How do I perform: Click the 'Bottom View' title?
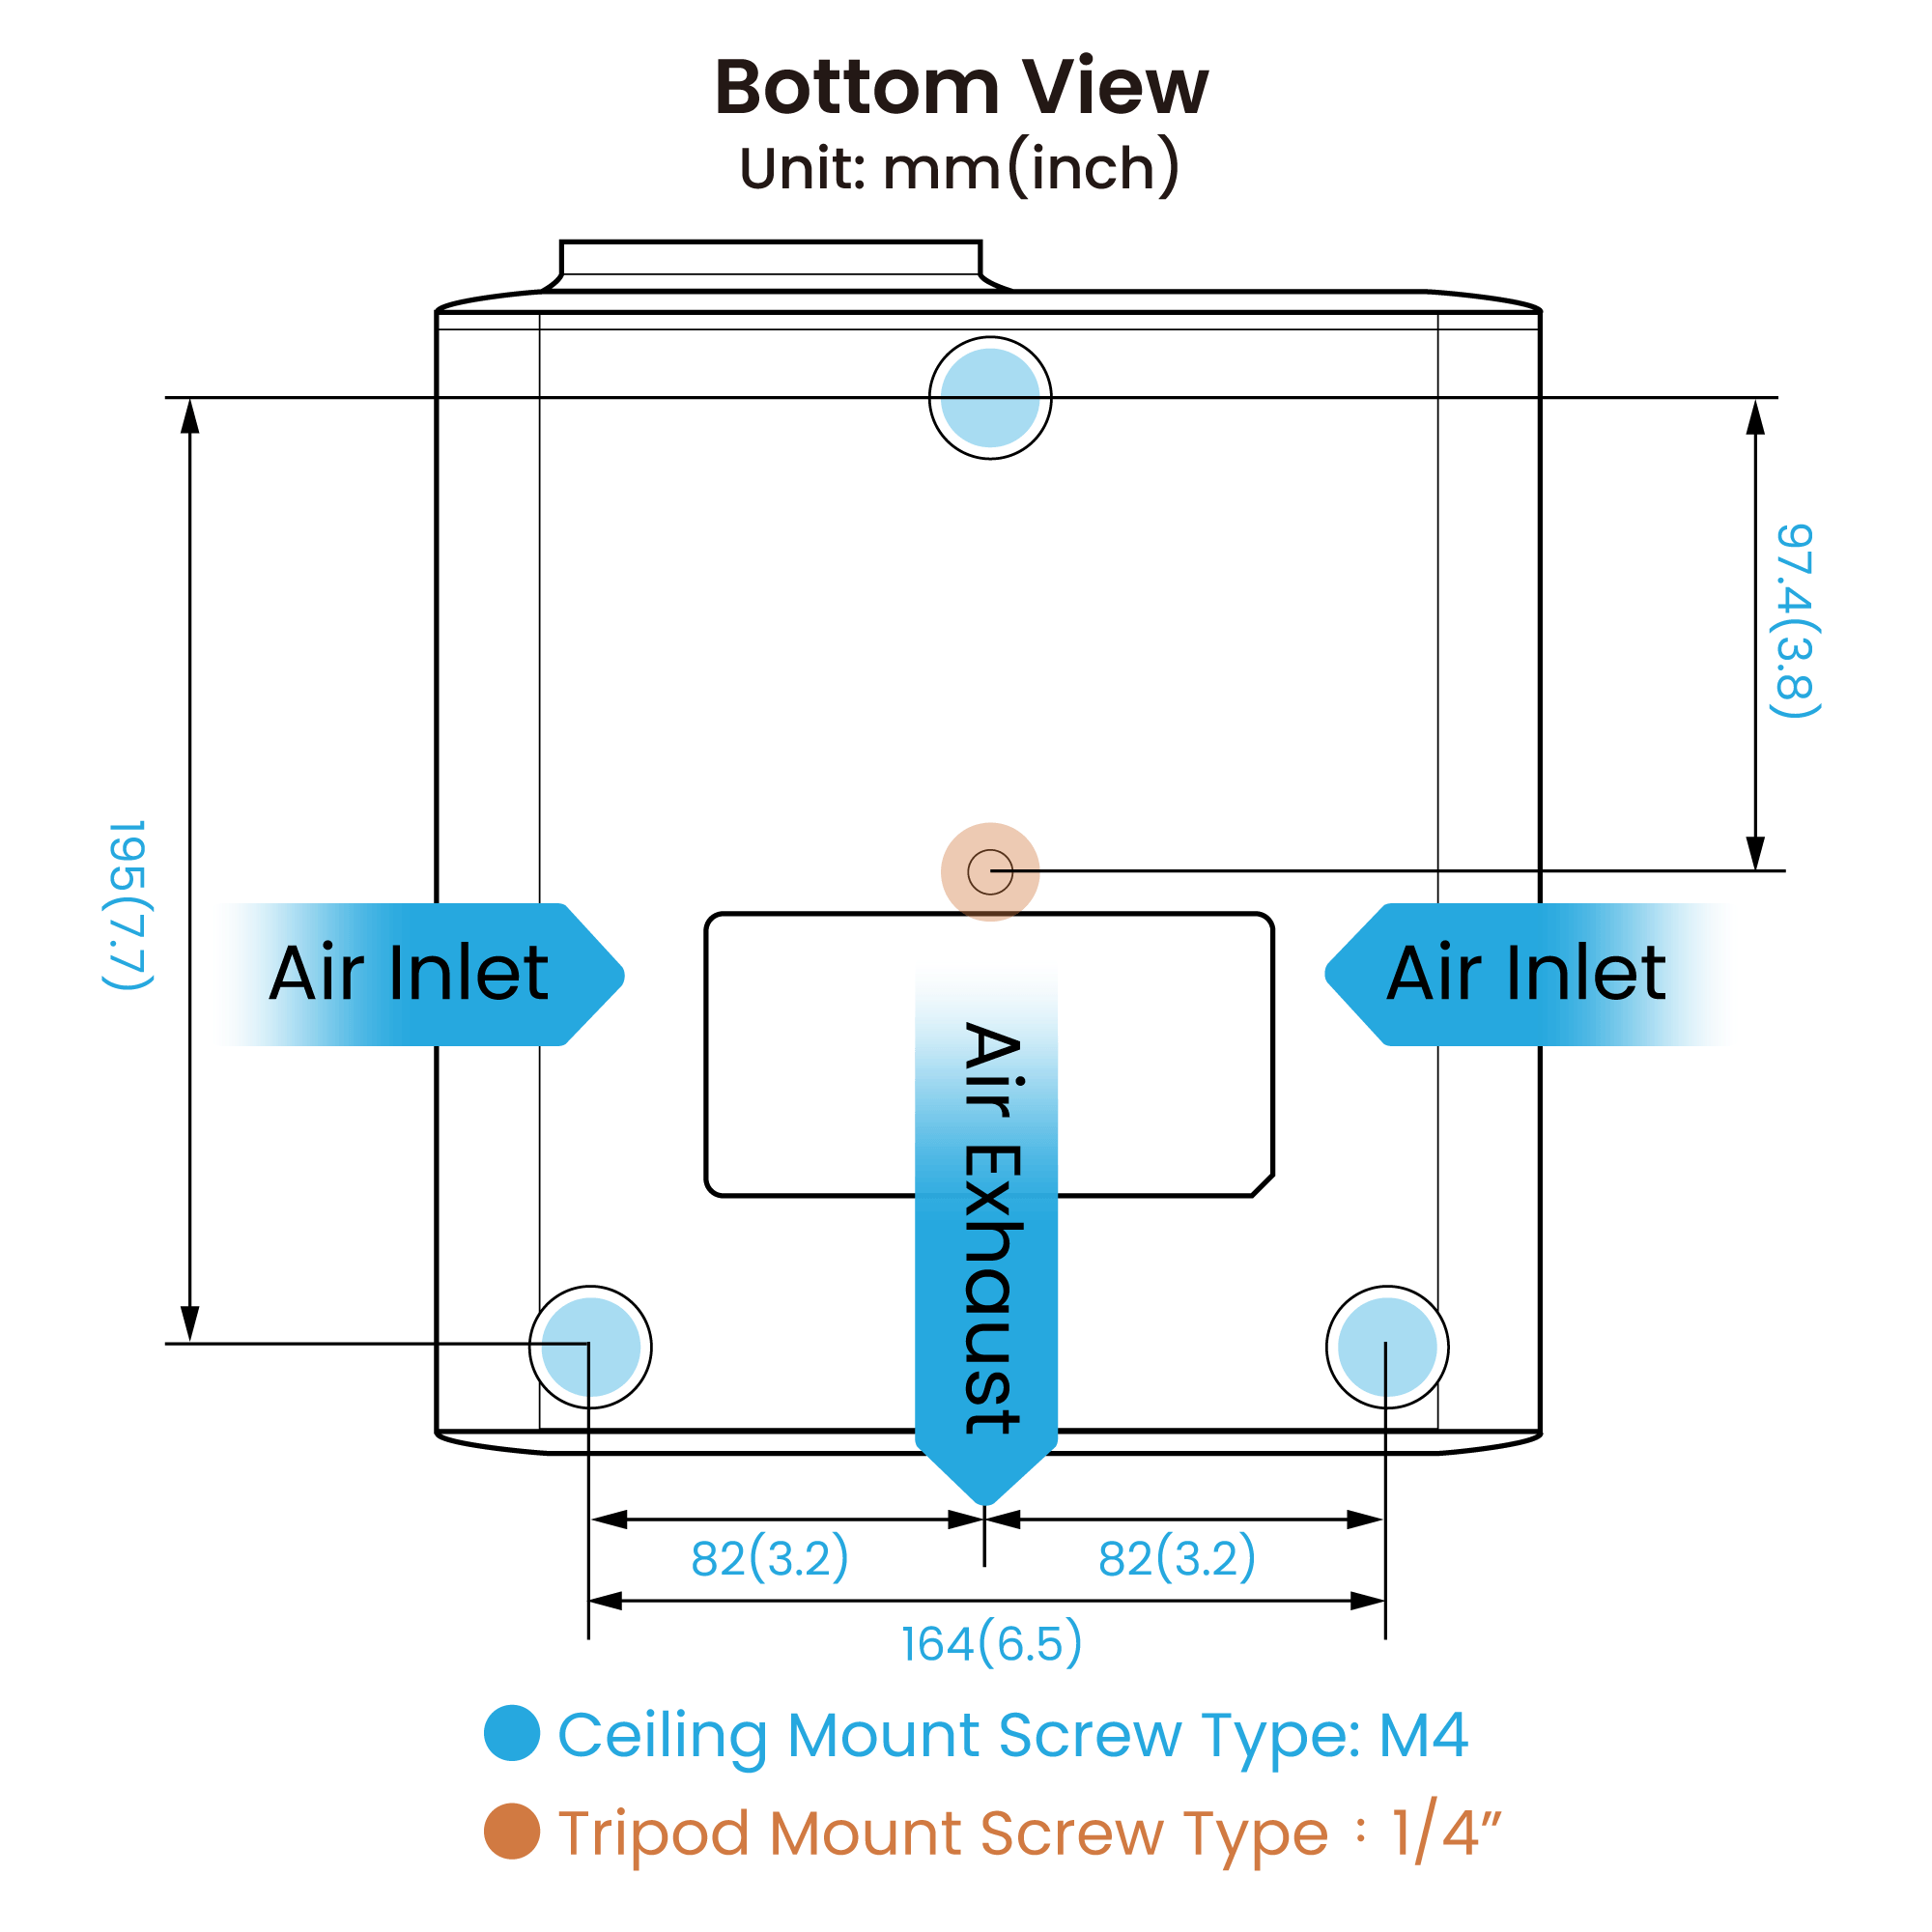(961, 87)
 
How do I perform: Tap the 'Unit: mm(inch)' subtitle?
(959, 168)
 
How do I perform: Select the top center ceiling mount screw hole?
(990, 398)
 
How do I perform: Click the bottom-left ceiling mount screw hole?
(590, 1347)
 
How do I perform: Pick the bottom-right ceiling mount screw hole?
(1387, 1347)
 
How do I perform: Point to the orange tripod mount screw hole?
(990, 872)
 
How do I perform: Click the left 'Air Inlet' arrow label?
(410, 974)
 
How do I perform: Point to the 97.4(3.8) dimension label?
(1795, 620)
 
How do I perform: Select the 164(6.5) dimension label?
(991, 1643)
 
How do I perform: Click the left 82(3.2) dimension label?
(769, 1557)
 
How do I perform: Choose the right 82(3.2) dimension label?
(1176, 1557)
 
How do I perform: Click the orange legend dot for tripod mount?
(512, 1831)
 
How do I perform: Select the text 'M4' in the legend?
(1423, 1735)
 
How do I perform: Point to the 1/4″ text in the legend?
(1446, 1831)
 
